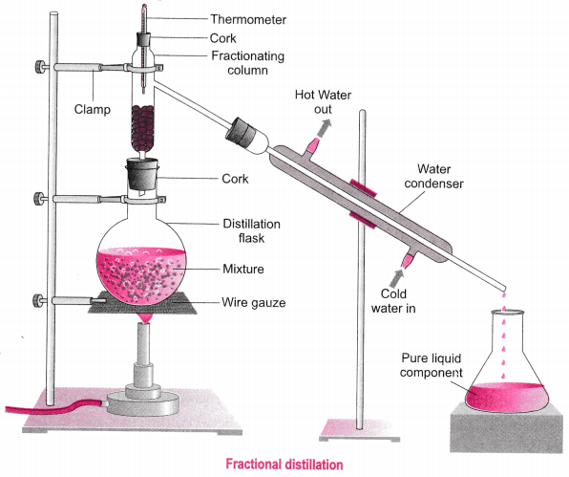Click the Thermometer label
[x=248, y=19]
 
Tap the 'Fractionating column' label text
[x=248, y=63]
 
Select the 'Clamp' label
[x=93, y=109]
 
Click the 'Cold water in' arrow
[x=396, y=278]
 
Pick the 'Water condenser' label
[x=434, y=176]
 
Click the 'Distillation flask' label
[x=251, y=230]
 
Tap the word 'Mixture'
[x=243, y=269]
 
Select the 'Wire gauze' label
[x=254, y=303]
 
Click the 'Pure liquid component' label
[x=432, y=365]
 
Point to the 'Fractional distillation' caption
[x=284, y=465]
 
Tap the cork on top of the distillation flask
[x=142, y=174]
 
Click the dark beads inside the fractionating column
[x=142, y=129]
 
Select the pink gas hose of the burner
[x=54, y=406]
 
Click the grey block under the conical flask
[x=507, y=429]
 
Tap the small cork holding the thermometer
[x=144, y=39]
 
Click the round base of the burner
[x=143, y=406]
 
